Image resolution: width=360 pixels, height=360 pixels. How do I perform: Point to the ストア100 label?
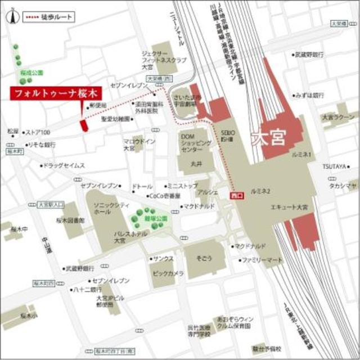(x=38, y=133)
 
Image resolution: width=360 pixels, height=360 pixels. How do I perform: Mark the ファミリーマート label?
(x=262, y=261)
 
